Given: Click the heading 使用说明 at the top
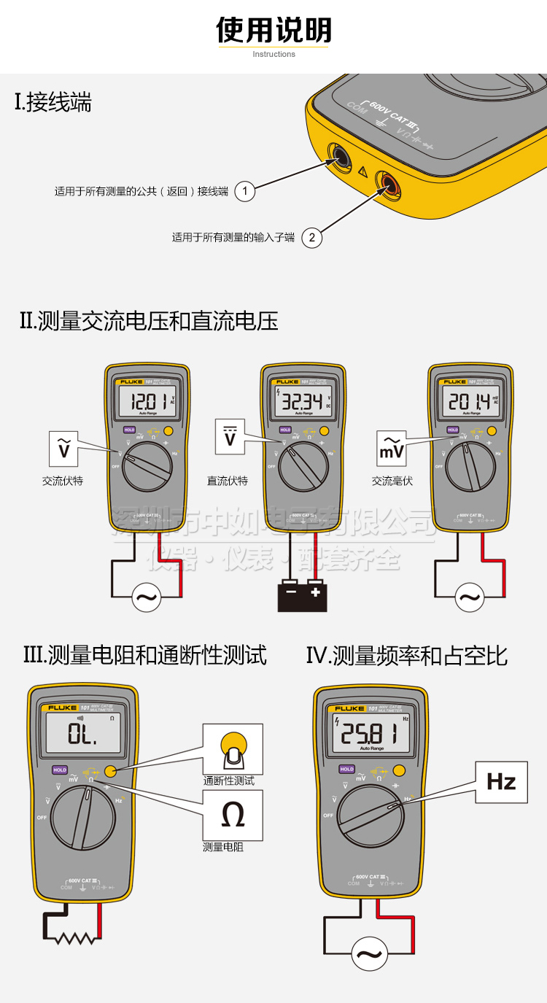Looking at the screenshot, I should pos(273,30).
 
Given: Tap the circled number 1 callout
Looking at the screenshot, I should pos(245,191).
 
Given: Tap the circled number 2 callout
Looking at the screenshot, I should pos(311,237).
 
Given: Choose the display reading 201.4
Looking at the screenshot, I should pos(467,401).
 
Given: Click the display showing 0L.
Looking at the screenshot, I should pos(82,733).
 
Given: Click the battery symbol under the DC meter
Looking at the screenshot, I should pos(302,595).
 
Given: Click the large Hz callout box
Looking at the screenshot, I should pos(501,782).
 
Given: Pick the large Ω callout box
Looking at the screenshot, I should pos(233,816).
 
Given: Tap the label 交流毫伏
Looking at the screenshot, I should pos(392,481).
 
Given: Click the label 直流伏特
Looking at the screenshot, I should pos(228,481).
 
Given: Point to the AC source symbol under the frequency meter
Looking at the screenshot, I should pos(369,953).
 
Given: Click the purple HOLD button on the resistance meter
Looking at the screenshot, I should pos(60,770).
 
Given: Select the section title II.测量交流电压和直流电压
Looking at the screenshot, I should pos(149,321).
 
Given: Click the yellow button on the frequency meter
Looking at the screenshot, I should pos(398,770).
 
